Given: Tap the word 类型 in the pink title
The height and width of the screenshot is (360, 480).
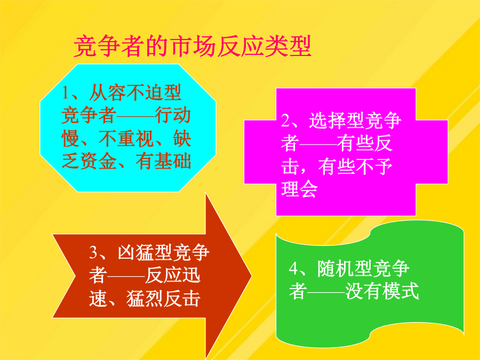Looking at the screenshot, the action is tap(287, 46).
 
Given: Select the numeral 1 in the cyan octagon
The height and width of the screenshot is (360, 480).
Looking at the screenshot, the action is tap(65, 93).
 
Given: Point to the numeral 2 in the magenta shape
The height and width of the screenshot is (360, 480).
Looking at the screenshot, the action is tap(285, 121).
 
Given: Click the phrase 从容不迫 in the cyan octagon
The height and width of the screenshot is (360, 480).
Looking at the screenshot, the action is tap(126, 93).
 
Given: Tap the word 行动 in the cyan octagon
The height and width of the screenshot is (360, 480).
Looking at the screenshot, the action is tap(173, 115).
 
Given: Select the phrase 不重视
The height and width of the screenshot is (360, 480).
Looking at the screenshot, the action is tap(126, 138).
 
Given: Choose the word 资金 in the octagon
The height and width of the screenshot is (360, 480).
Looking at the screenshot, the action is tap(98, 161).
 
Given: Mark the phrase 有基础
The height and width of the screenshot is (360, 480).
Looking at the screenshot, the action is tap(163, 161).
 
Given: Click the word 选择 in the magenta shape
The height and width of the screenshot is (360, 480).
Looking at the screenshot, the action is tap(327, 121).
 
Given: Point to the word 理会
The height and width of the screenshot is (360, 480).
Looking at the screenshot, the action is tap(299, 189).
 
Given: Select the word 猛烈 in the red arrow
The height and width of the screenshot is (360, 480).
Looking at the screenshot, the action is tap(145, 299).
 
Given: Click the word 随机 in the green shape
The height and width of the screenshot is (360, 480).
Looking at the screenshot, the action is tap(335, 268).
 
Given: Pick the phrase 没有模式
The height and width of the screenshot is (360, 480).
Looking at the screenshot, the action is tap(382, 291).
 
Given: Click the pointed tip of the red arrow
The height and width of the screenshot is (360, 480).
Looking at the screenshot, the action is tap(252, 276).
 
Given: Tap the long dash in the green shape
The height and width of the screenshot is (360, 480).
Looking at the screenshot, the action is tap(326, 292).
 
